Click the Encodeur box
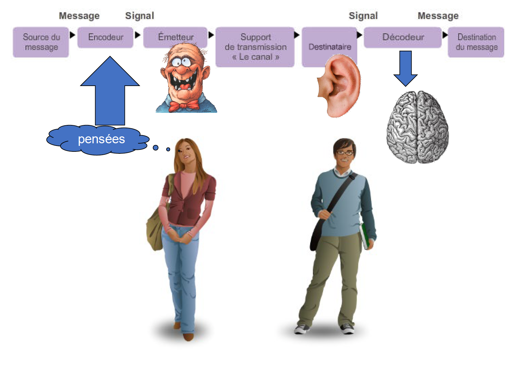105,38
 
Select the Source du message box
41,42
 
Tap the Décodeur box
403,37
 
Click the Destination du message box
476,42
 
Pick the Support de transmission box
255,47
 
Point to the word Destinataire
330,47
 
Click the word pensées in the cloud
101,139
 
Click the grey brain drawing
417,128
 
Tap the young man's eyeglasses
345,153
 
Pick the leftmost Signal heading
139,16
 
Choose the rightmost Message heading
438,16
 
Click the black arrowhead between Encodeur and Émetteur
137,35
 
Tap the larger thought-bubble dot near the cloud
156,148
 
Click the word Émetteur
176,37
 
